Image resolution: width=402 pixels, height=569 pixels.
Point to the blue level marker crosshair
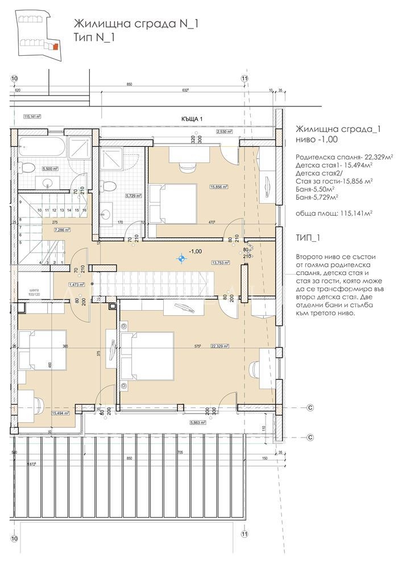coord(181,259)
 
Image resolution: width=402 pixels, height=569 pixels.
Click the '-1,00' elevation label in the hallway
coord(195,250)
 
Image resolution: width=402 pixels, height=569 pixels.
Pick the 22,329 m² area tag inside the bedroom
coord(219,345)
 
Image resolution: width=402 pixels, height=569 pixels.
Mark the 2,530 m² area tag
coord(225,131)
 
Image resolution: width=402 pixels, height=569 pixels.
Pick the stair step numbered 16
coord(84,210)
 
